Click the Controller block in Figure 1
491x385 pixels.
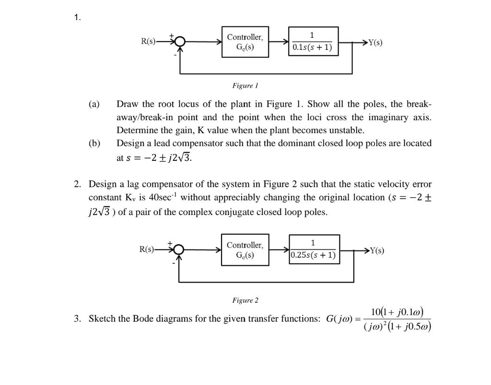pyautogui.click(x=245, y=42)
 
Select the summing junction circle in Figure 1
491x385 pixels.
pyautogui.click(x=180, y=42)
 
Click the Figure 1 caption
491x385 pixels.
pyautogui.click(x=245, y=86)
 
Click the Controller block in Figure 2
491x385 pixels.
pyautogui.click(x=245, y=249)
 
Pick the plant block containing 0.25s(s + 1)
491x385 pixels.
pyautogui.click(x=314, y=249)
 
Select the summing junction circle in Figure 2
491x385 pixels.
pyautogui.click(x=179, y=249)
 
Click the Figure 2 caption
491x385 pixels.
pyautogui.click(x=245, y=300)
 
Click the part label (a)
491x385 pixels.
pyautogui.click(x=94, y=104)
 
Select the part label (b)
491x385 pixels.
pyautogui.click(x=94, y=143)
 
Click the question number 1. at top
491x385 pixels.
pyautogui.click(x=78, y=18)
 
